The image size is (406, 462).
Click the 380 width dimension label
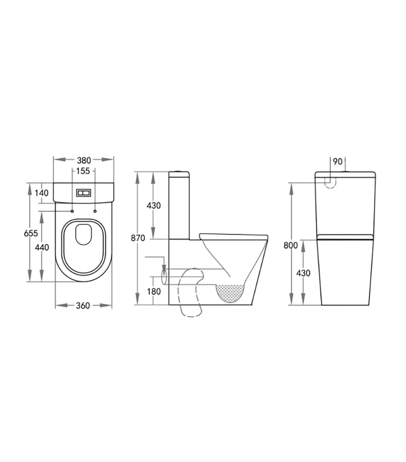(x=84, y=160)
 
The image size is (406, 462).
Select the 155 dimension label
(x=83, y=171)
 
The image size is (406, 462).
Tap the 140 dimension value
(x=42, y=193)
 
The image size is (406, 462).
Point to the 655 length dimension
(x=31, y=233)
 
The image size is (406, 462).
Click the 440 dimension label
(x=42, y=248)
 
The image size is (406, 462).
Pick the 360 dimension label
(x=83, y=305)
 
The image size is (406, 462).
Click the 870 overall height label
(x=138, y=238)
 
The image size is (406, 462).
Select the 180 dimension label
(x=154, y=291)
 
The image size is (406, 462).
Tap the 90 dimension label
(x=337, y=162)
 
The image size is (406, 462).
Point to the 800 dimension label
(x=291, y=245)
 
